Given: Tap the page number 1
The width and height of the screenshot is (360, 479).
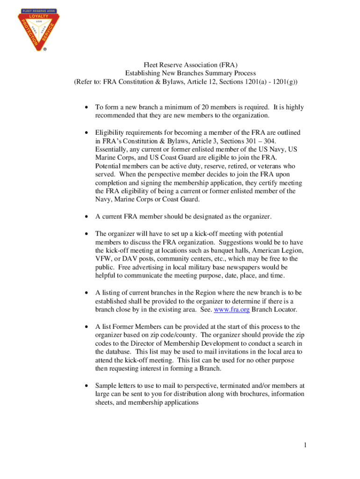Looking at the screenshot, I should point(305,445).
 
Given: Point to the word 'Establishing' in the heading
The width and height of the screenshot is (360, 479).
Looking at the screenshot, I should point(143,73).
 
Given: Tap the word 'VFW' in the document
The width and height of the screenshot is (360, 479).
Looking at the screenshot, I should point(104,258).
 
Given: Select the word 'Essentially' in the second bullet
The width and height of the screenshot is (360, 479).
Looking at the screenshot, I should point(112,149).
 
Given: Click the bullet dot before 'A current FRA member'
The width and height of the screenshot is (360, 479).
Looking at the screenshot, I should point(86,217).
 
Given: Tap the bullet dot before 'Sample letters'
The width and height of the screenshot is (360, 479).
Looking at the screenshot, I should point(86,385).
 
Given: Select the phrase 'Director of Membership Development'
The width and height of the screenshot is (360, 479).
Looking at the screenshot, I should point(166,343).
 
